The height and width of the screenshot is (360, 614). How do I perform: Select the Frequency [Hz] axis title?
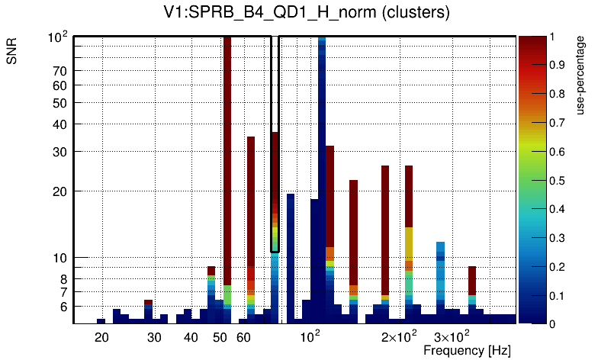467,350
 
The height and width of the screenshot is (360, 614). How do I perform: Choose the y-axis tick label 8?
64,278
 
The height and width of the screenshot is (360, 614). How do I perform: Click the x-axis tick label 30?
155,337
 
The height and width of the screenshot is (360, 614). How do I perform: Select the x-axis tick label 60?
243,337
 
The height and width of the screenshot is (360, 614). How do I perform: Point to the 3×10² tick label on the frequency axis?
452,336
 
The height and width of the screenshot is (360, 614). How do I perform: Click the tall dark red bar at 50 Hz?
227,153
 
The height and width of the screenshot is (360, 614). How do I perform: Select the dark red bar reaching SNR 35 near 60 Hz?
250,198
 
